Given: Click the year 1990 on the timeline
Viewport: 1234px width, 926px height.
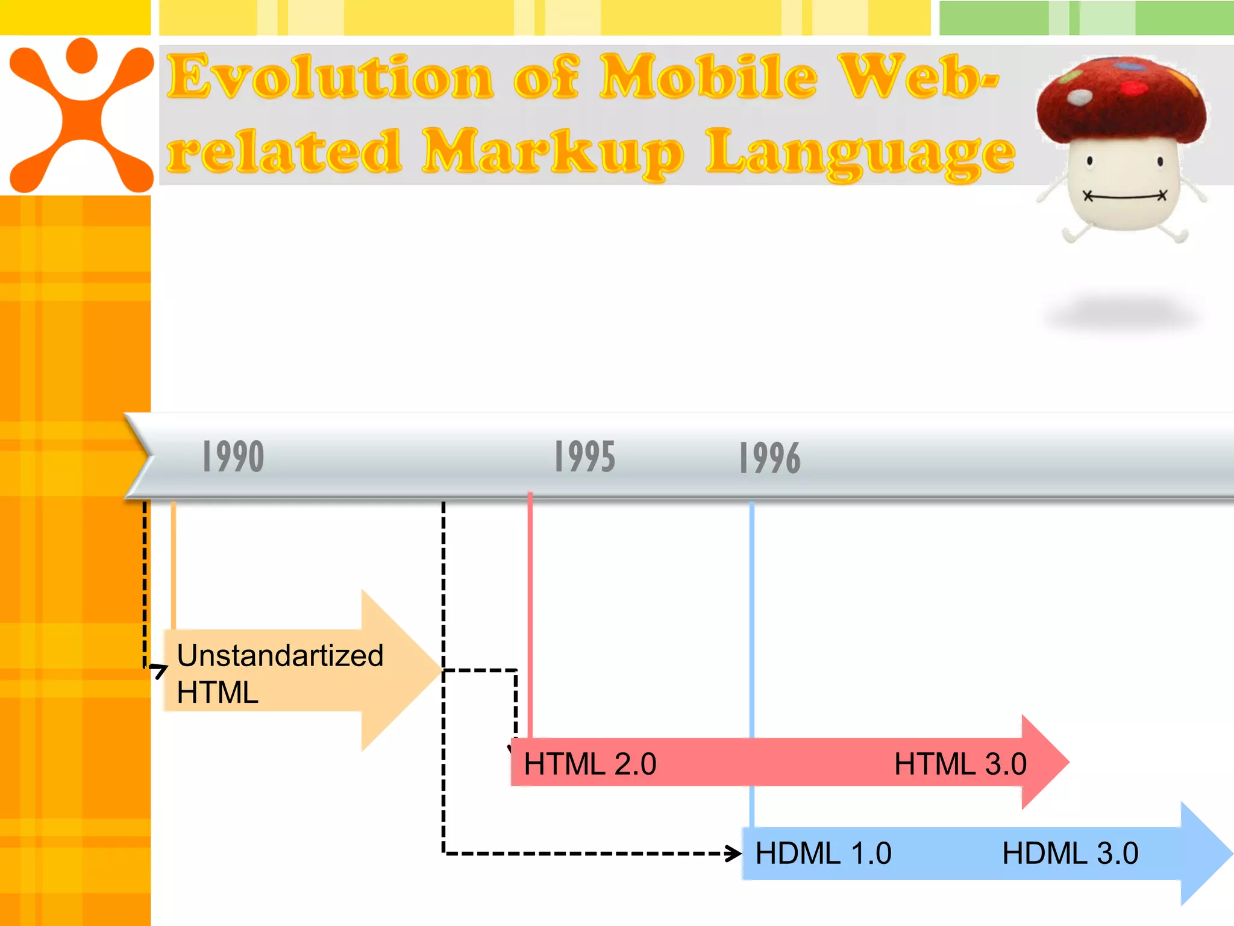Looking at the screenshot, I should point(233,456).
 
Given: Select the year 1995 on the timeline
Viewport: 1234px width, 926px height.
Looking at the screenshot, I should point(584,456).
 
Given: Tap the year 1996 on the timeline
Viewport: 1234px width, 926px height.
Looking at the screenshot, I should point(770,458).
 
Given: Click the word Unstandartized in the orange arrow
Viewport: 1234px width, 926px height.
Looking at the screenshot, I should point(280,655).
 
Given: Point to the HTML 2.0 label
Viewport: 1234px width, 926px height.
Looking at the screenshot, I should point(590,764).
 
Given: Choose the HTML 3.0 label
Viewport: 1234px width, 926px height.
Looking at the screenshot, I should point(960,764).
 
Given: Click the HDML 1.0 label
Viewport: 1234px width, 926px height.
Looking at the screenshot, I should point(823,853).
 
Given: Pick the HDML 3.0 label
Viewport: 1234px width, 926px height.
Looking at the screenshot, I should point(1070,853).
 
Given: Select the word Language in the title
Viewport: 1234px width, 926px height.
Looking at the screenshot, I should point(860,152).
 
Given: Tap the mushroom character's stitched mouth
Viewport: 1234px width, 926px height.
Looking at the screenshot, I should point(1124,197).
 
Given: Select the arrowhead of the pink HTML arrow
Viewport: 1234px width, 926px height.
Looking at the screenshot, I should point(1045,762).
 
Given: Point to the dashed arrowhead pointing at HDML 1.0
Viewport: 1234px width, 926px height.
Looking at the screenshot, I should point(734,853).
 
